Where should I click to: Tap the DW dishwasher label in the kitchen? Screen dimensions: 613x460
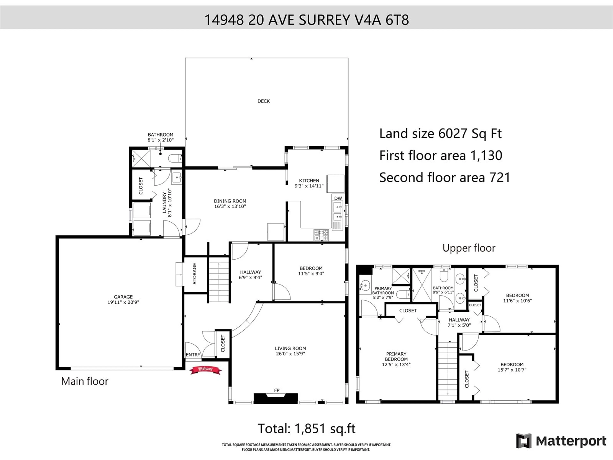(338, 198)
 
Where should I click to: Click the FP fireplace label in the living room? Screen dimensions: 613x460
(277, 390)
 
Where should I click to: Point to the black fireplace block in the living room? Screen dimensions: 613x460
(276, 398)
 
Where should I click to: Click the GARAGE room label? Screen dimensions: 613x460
(123, 297)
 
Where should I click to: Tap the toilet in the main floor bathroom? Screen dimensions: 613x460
(175, 158)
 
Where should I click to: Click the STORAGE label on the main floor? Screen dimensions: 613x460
(195, 274)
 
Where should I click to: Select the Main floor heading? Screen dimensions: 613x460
(84, 381)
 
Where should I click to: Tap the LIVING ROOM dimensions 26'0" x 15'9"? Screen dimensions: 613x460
(290, 353)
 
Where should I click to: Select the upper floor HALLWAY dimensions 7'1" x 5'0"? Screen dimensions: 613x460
(459, 325)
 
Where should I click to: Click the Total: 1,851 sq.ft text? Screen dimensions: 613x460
(306, 429)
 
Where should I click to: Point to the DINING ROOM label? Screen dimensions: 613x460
(230, 201)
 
